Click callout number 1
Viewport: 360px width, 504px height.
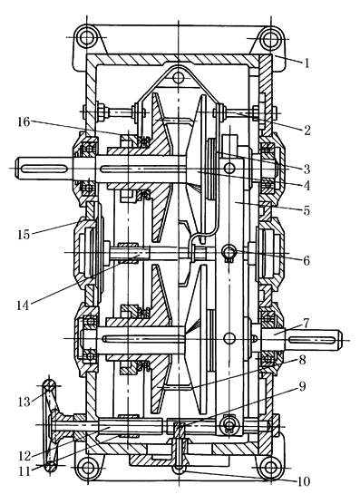click(306, 63)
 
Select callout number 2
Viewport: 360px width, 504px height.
click(307, 130)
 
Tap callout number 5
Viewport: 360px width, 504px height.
click(306, 211)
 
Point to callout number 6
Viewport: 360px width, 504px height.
click(306, 261)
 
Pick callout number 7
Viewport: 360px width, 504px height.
click(306, 324)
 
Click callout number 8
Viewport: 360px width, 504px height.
click(302, 360)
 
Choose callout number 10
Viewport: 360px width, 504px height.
click(303, 481)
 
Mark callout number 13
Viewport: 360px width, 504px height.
click(24, 402)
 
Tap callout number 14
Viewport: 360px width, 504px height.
click(23, 305)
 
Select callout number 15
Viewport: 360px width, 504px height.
click(24, 234)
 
